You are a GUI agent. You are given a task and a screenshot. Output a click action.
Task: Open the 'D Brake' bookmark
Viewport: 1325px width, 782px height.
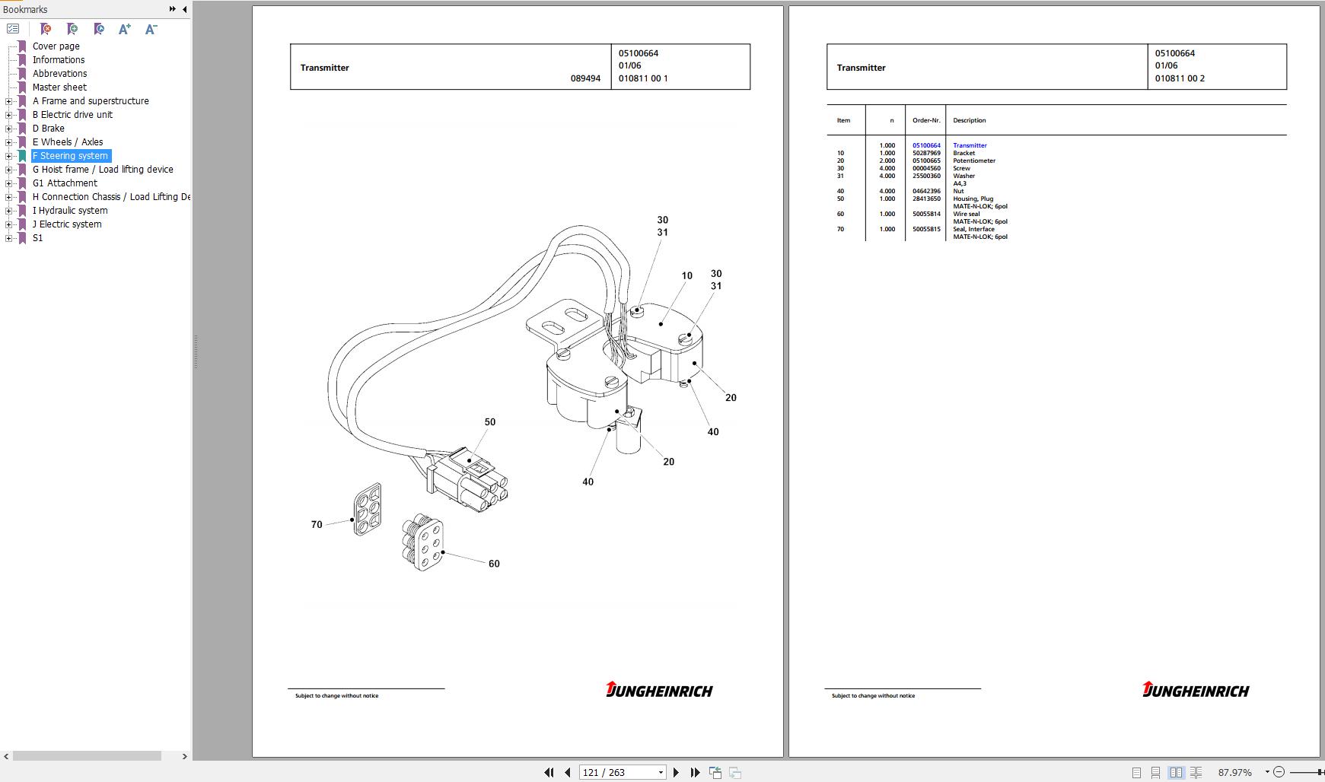(x=48, y=129)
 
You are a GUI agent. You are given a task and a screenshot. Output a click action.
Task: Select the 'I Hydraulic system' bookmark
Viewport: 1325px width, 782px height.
(x=69, y=211)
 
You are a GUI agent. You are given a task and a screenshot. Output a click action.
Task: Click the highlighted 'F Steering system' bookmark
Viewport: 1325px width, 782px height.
(x=70, y=156)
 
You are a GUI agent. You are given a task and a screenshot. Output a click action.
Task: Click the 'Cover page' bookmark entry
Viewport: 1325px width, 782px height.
(x=56, y=46)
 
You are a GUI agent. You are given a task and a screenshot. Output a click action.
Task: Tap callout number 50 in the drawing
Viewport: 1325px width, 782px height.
(x=489, y=422)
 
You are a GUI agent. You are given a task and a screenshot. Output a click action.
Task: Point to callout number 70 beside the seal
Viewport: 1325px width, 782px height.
(x=317, y=525)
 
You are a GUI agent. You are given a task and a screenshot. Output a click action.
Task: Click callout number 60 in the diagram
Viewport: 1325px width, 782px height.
(x=494, y=564)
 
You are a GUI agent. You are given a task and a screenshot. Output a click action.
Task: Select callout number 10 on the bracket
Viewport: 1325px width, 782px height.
(x=686, y=276)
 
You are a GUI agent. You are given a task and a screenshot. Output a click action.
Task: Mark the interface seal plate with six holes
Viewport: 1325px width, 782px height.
(x=368, y=509)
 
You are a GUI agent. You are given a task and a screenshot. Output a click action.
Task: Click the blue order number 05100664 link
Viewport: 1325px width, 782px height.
(x=926, y=145)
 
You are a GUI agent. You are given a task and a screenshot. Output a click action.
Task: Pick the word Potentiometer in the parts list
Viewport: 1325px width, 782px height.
(x=973, y=161)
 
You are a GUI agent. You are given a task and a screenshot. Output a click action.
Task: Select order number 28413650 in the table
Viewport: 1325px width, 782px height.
(x=926, y=199)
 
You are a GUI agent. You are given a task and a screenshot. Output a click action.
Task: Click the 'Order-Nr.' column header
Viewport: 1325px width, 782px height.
(x=926, y=120)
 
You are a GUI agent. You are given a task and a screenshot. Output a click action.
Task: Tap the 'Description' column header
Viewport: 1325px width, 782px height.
(x=969, y=120)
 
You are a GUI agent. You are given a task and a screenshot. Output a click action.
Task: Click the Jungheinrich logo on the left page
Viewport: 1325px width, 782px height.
(x=659, y=690)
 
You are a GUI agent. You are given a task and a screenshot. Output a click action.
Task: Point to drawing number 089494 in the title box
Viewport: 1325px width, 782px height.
(x=585, y=78)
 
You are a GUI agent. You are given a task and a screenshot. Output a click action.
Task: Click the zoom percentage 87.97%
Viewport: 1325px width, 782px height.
(x=1234, y=772)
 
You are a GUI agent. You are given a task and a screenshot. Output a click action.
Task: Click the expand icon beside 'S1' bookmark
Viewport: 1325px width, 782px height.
(x=9, y=238)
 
